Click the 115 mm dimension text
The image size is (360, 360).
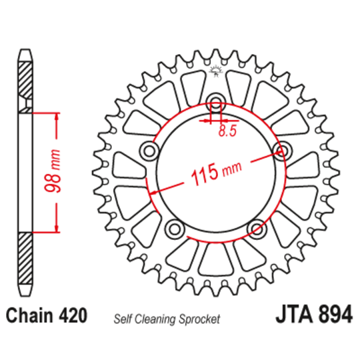[216, 173]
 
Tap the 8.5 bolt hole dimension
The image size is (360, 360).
[227, 131]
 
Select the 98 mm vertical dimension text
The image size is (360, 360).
[53, 171]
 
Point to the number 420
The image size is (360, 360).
[73, 315]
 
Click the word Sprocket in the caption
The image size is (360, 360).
[199, 319]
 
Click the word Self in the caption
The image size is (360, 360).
[123, 319]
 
